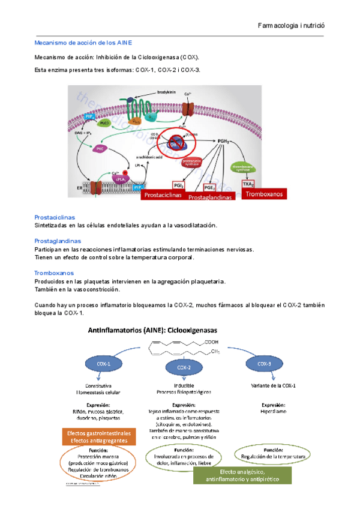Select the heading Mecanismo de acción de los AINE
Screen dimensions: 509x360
[x=84, y=43]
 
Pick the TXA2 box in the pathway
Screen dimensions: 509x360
[x=248, y=184]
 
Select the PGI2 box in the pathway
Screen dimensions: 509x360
[x=178, y=185]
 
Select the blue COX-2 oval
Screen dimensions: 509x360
[x=184, y=367]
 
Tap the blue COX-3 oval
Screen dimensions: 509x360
[x=265, y=364]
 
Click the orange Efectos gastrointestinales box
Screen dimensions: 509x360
[x=98, y=436]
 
